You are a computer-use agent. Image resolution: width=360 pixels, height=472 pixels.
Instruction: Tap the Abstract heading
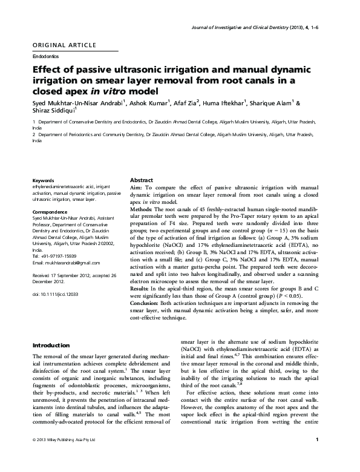pos(142,181)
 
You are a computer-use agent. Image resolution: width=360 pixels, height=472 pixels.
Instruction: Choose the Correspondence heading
pos(50,212)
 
